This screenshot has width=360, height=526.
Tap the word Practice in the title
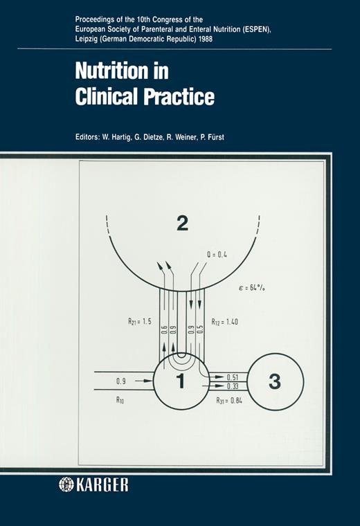[x=179, y=96]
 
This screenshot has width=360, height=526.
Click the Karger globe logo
[x=66, y=484]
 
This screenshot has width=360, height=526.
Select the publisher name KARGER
[x=102, y=484]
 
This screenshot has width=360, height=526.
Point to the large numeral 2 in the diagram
[x=182, y=223]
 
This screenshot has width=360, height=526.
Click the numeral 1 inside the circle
[x=181, y=381]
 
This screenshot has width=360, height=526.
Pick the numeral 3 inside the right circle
[x=275, y=381]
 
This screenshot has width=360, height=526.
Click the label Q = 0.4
[x=217, y=255]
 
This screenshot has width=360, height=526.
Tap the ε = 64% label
[x=251, y=287]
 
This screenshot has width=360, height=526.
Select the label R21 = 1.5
[x=140, y=321]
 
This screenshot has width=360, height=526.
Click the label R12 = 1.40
[x=224, y=322]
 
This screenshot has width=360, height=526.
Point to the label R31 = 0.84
[x=229, y=400]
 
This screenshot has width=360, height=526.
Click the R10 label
[x=120, y=399]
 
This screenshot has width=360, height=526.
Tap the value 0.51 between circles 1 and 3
[x=233, y=377]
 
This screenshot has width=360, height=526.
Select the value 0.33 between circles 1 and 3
[x=233, y=386]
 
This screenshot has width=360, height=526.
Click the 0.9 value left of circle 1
[x=121, y=381]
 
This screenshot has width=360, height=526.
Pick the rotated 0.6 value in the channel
[x=164, y=329]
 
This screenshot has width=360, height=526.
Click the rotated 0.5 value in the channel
[x=200, y=329]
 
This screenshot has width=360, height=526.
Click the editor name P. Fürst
[x=212, y=137]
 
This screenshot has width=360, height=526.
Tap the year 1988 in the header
[x=206, y=39]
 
